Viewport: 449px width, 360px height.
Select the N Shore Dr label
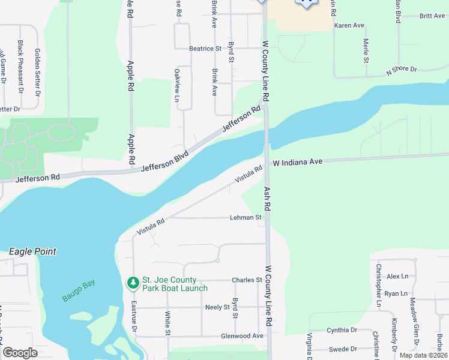point(402,70)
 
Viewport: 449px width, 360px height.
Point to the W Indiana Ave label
point(298,162)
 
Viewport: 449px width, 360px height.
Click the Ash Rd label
point(268,199)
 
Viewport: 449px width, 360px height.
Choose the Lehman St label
point(246,217)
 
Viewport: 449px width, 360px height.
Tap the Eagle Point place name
point(32,251)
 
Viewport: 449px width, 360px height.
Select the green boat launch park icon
point(132,282)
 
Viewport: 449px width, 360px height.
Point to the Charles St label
point(247,280)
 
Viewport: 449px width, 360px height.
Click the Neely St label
point(217,307)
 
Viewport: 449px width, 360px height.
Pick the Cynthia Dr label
point(342,330)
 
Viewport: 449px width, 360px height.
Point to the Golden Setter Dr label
point(37,72)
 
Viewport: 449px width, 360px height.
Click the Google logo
point(20,353)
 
